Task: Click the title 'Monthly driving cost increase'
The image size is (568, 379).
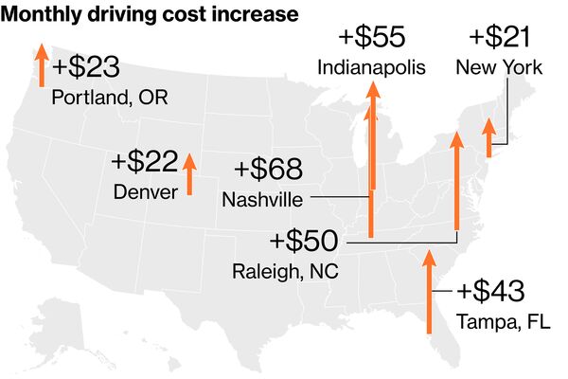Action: [151, 15]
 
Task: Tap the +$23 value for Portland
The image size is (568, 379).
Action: [87, 68]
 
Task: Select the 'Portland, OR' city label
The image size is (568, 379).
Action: [110, 97]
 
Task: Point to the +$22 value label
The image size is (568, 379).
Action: [144, 162]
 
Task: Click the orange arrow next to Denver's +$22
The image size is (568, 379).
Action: [189, 174]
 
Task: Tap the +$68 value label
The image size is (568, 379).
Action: [268, 170]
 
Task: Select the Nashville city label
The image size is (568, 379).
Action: [262, 200]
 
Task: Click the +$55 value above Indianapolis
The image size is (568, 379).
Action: [372, 38]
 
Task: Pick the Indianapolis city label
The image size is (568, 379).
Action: [372, 67]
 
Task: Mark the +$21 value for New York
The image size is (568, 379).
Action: [499, 38]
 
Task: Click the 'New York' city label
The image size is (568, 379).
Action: [499, 67]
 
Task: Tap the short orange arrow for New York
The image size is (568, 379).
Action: [488, 138]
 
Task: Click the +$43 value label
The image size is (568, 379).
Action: [489, 292]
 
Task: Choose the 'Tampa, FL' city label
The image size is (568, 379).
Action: [493, 321]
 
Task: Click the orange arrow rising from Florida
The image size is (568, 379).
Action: [430, 294]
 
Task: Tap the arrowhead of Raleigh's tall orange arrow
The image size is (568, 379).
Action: [456, 141]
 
